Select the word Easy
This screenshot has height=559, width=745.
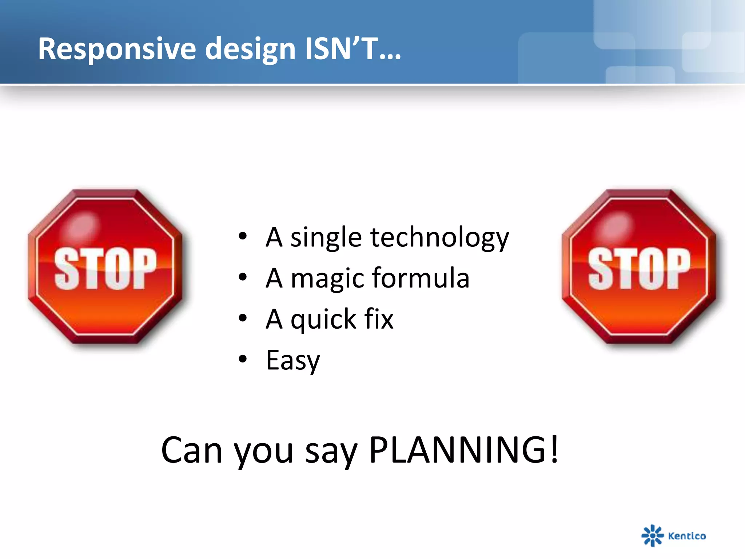[293, 361]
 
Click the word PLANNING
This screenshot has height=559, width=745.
[457, 450]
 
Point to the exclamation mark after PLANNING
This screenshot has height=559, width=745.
[554, 449]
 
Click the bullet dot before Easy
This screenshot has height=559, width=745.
[243, 359]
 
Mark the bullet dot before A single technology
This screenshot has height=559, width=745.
[243, 236]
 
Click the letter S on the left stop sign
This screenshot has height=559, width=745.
[67, 269]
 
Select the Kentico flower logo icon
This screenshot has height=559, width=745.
[652, 535]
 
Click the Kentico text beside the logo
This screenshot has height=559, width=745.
[687, 536]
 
